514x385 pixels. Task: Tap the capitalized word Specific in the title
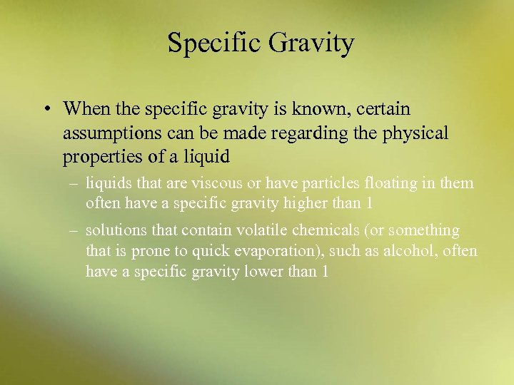pyautogui.click(x=216, y=43)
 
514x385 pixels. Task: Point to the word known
pyautogui.click(x=308, y=109)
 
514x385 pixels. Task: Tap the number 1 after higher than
pyautogui.click(x=368, y=203)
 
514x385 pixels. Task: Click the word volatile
pyautogui.click(x=252, y=230)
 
